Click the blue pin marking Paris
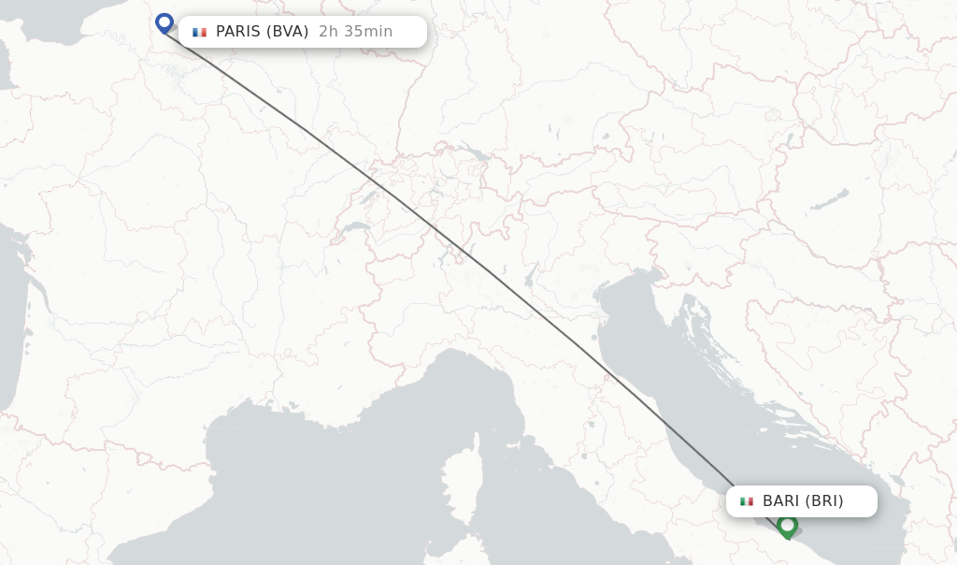[164, 22]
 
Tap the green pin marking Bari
[787, 526]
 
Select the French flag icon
[199, 32]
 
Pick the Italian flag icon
[747, 501]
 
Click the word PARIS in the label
[237, 32]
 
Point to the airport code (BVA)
[288, 32]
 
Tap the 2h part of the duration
[328, 32]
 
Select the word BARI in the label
[782, 501]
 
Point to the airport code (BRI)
[825, 501]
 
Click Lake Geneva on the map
[355, 227]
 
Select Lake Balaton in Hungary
[830, 200]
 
